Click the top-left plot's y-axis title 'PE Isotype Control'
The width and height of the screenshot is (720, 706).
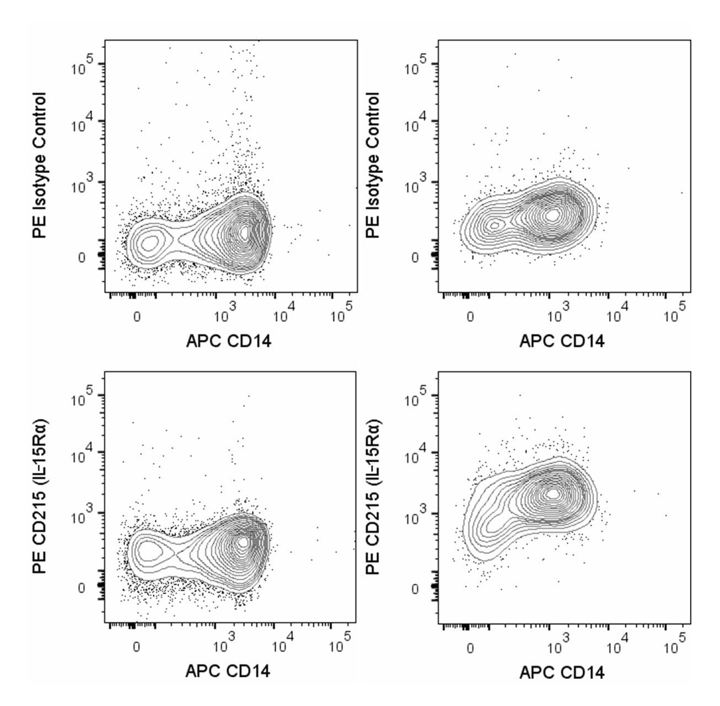[39, 165]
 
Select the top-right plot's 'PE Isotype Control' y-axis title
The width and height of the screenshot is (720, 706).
[373, 165]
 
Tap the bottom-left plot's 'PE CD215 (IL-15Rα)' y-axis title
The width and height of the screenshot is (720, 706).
[39, 496]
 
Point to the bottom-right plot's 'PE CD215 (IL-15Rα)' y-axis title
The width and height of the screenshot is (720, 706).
[373, 496]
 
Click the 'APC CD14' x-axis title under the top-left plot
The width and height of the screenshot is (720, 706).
[228, 342]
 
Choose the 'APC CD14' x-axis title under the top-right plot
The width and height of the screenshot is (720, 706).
[562, 342]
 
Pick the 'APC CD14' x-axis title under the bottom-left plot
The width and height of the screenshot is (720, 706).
[228, 672]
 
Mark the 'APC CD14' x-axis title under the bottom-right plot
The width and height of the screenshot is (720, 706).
[562, 672]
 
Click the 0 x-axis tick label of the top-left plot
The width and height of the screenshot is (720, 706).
[137, 318]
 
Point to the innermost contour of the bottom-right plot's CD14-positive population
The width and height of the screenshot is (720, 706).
[554, 494]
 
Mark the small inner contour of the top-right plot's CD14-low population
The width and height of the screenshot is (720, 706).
[495, 224]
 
